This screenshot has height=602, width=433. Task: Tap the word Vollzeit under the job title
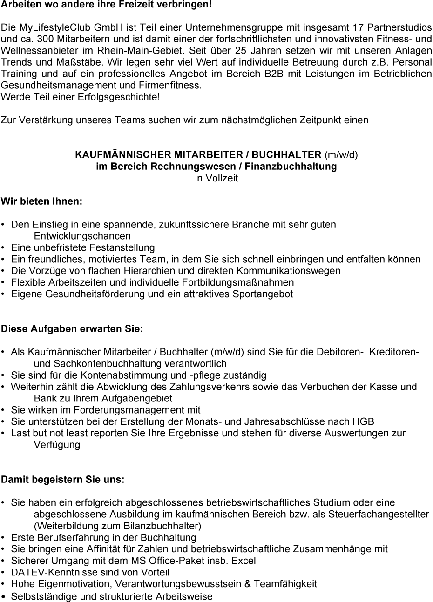[x=216, y=178]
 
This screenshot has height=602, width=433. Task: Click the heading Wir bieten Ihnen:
[x=41, y=201]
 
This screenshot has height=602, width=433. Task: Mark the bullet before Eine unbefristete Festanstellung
[x=4, y=248]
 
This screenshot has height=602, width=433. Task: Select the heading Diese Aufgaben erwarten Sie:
[x=72, y=329]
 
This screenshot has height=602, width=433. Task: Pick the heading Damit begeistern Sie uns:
[x=63, y=479]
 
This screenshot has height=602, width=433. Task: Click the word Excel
[x=244, y=561]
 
